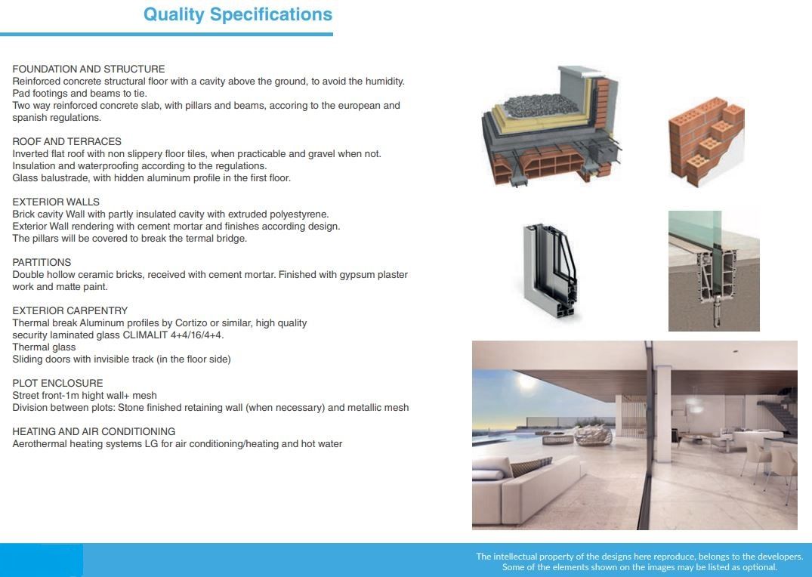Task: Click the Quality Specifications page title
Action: tap(238, 14)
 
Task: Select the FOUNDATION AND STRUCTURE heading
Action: tap(88, 69)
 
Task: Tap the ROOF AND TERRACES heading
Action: tap(66, 141)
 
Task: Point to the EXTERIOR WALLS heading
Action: tap(56, 202)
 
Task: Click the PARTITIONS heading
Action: tap(42, 263)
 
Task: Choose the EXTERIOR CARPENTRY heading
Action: tap(70, 310)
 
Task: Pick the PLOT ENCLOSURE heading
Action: tap(57, 384)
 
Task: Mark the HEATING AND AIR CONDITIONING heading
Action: tap(94, 431)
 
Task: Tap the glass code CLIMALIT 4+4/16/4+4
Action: tap(173, 335)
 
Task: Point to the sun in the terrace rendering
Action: tap(526, 383)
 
